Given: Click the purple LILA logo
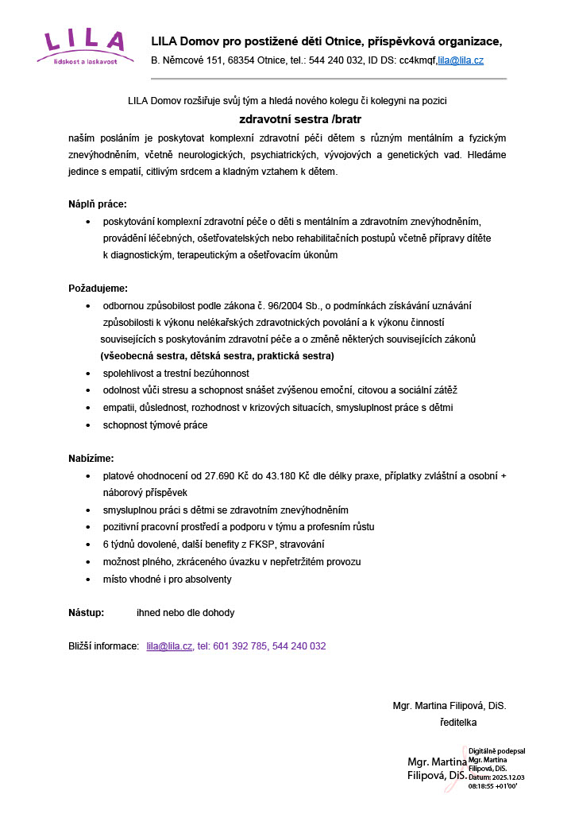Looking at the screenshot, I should click(x=84, y=47).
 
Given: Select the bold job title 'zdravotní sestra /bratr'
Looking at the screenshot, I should click(x=288, y=119).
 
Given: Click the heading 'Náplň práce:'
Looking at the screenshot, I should click(x=97, y=204).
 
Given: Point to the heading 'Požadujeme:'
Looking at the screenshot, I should click(x=98, y=288).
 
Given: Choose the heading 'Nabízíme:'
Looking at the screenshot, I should click(x=91, y=458).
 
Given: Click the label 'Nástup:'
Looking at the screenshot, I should click(x=87, y=613).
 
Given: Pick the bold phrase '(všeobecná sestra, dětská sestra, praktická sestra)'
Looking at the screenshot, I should click(x=217, y=356).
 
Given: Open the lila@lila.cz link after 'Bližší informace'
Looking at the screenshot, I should click(x=169, y=646).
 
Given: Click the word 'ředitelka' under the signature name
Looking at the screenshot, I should click(x=457, y=723).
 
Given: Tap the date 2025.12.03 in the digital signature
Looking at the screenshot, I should click(x=504, y=777).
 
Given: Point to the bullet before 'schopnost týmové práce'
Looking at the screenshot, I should click(x=87, y=425).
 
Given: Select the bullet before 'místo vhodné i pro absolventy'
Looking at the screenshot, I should click(x=87, y=579).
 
